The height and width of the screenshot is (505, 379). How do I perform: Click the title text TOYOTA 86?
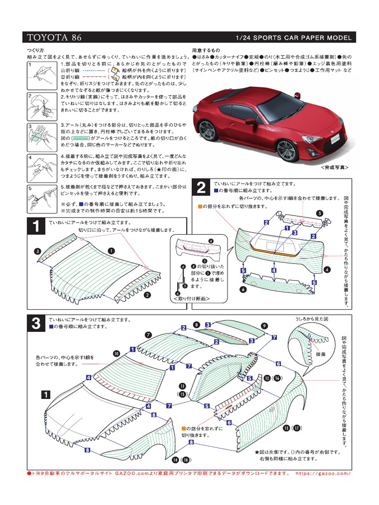tap(54, 38)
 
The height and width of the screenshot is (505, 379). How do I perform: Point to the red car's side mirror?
tap(251, 121)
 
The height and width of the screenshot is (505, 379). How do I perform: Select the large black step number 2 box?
tap(200, 188)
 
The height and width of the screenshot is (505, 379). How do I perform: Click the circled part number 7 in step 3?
tap(148, 335)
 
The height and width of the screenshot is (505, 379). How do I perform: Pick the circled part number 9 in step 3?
tap(265, 326)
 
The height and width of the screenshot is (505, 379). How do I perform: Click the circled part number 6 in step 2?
tap(243, 289)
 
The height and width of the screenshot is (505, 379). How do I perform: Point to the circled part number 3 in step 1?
tap(37, 252)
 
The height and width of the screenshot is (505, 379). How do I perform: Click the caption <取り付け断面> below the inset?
tap(191, 298)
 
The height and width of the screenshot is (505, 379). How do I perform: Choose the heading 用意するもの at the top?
tap(206, 50)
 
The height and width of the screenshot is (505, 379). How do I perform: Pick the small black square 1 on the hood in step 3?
tap(45, 395)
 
